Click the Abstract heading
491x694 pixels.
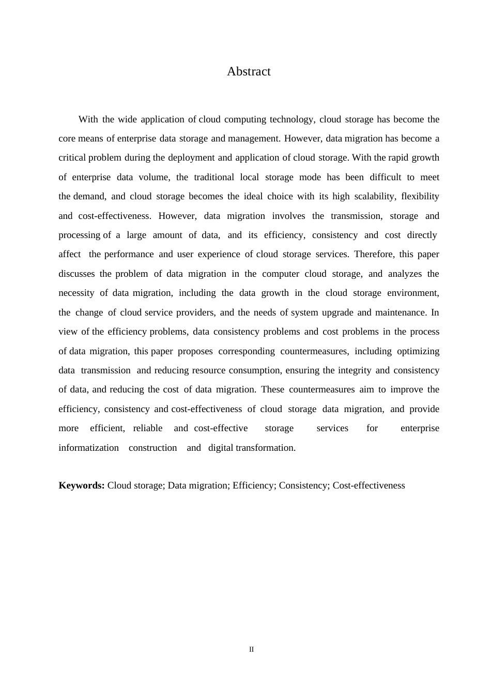(x=249, y=71)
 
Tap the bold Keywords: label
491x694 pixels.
(x=82, y=485)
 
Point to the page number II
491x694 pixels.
(x=252, y=650)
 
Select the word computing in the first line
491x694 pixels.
(x=242, y=119)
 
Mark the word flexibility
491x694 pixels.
(x=420, y=196)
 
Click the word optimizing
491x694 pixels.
(x=418, y=351)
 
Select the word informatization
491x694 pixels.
(x=88, y=448)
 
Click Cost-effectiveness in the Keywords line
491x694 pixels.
(x=369, y=485)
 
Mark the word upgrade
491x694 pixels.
(x=337, y=312)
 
